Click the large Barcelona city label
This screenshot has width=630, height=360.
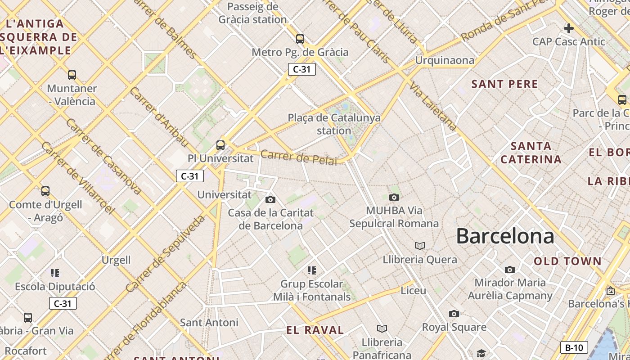(505, 236)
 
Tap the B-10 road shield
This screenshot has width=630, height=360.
(574, 347)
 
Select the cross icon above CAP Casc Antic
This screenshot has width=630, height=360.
(569, 28)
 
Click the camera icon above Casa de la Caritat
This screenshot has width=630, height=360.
(270, 199)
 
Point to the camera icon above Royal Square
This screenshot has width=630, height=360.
(454, 314)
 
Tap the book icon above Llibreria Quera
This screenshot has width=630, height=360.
(419, 246)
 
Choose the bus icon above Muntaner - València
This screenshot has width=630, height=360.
(72, 75)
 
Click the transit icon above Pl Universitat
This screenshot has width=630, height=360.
(220, 145)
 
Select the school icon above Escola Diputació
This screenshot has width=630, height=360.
(55, 273)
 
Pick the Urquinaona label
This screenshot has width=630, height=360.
(445, 60)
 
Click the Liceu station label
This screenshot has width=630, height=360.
(413, 291)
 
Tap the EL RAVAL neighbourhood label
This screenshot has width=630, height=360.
(315, 330)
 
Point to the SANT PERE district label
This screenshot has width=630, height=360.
(504, 84)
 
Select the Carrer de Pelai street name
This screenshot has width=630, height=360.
(299, 157)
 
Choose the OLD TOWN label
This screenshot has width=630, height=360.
(567, 261)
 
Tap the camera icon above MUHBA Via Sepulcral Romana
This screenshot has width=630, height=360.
(394, 197)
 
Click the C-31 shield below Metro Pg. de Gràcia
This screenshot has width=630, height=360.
(302, 69)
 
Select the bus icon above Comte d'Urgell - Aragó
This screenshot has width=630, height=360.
(45, 191)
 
